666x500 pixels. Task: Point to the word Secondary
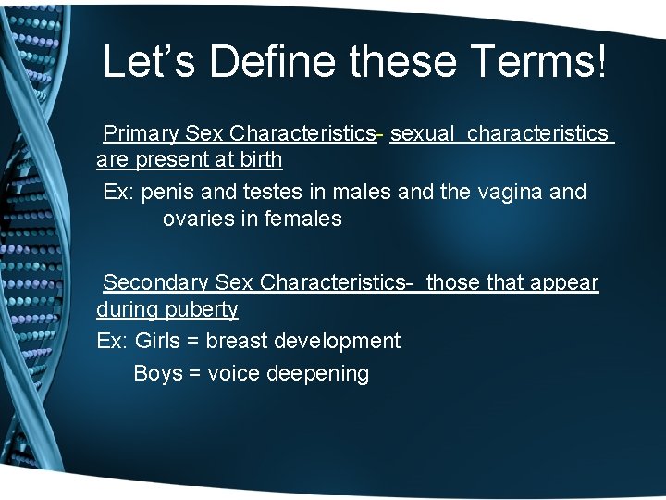(154, 282)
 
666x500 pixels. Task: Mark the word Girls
(156, 341)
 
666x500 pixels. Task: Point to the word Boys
(158, 374)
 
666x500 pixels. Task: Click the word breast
(235, 341)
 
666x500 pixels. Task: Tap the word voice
(233, 374)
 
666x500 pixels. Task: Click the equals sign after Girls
(192, 341)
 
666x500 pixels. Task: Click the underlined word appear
(563, 282)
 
